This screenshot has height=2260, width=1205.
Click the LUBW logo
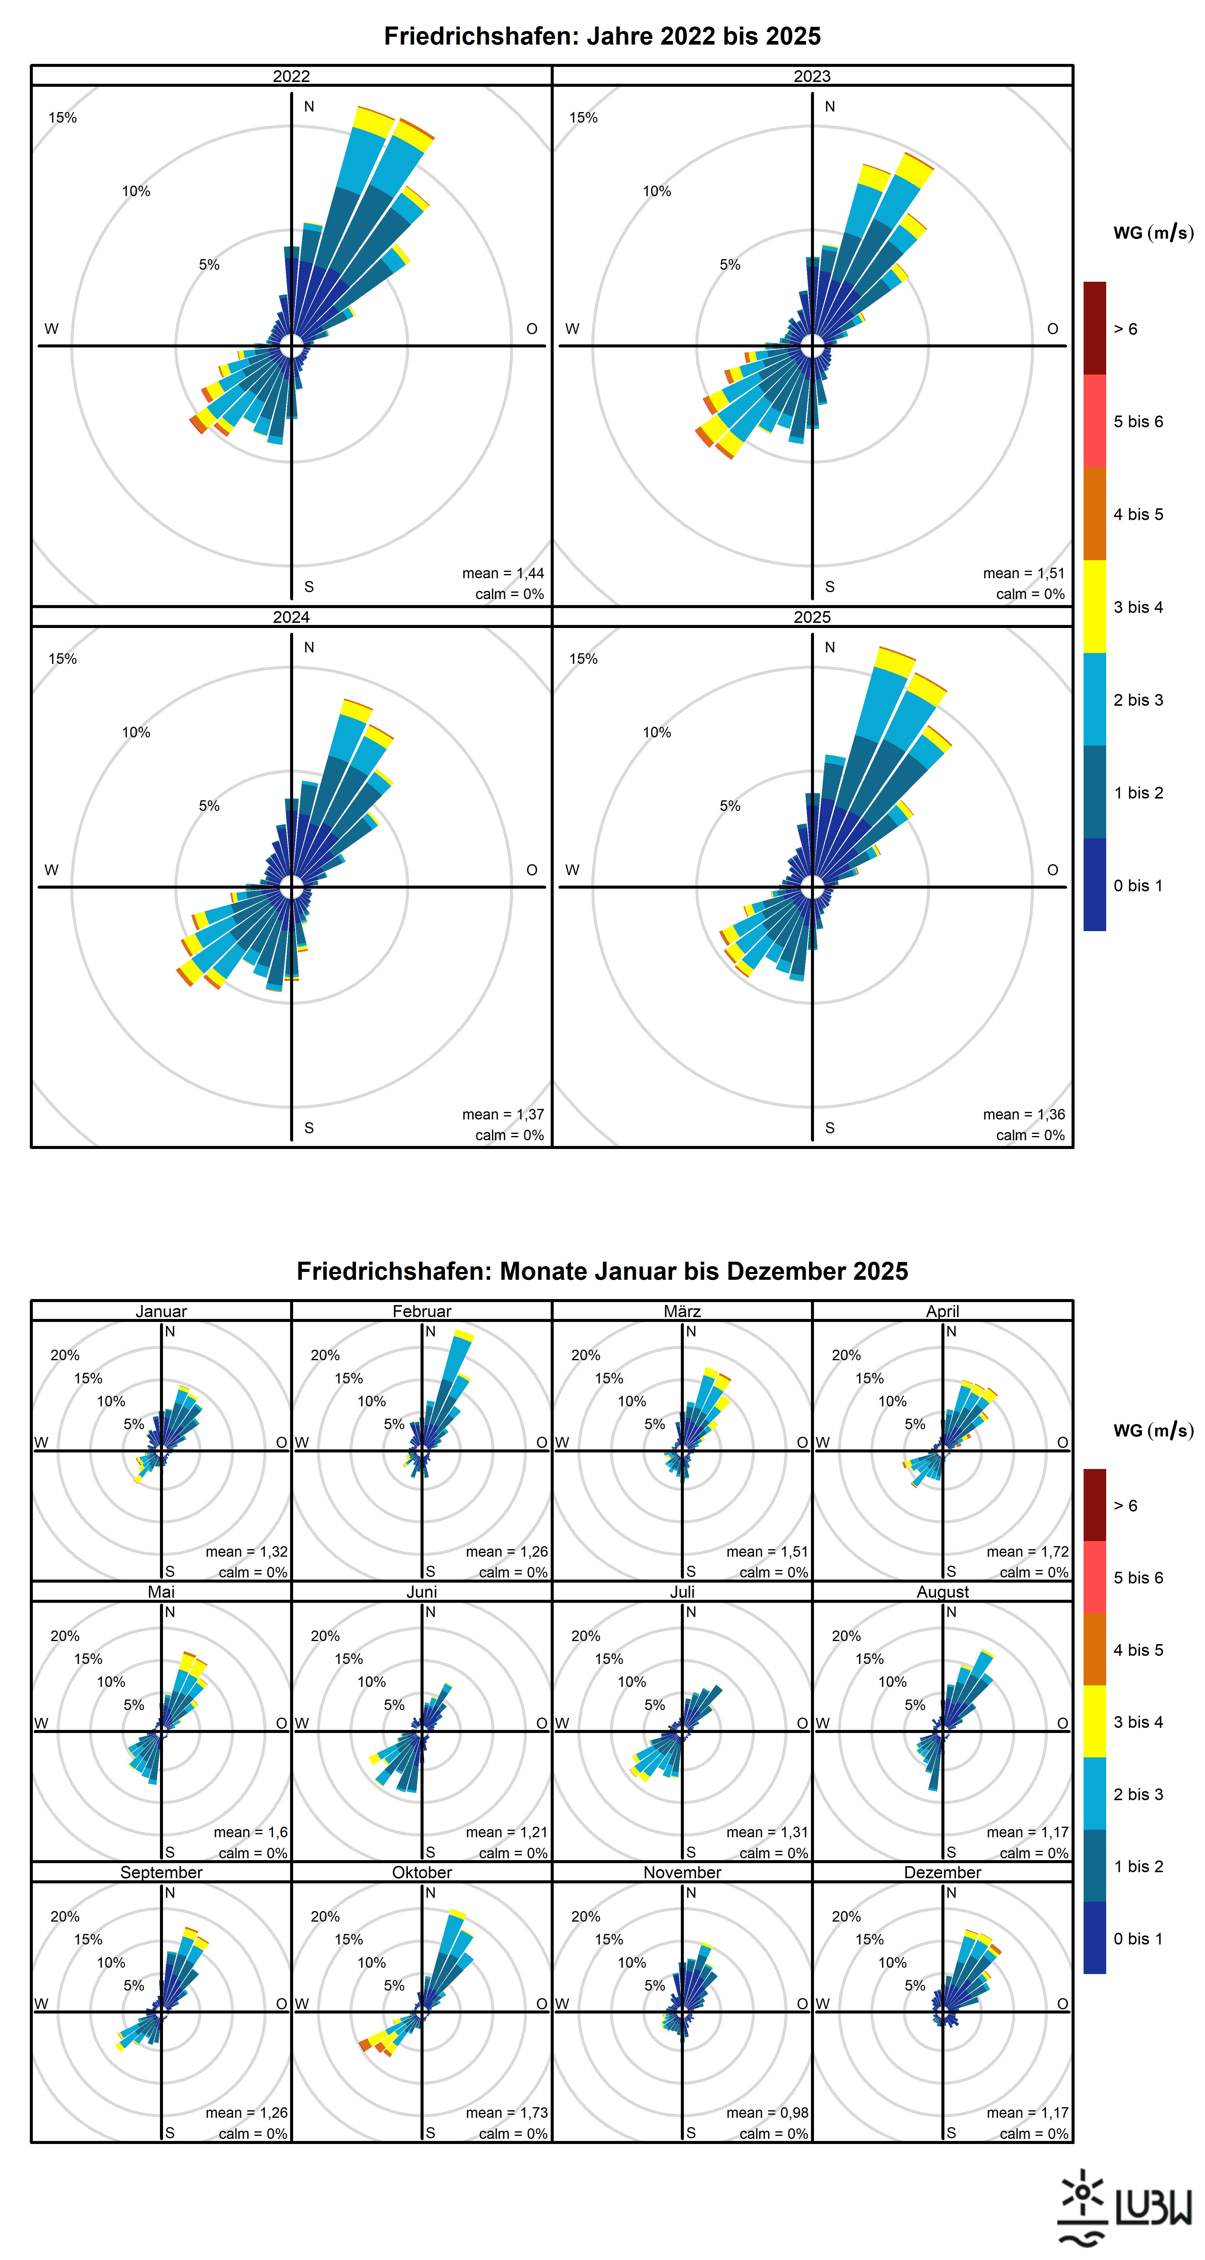point(1124,2206)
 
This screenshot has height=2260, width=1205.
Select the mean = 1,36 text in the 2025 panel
point(1023,1114)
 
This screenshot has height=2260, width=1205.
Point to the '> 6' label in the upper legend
point(1125,329)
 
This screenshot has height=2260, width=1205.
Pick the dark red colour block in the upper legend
point(1094,328)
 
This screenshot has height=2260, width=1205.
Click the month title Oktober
point(422,1871)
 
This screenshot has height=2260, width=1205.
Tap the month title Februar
point(422,1311)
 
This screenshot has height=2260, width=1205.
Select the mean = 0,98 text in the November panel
point(766,2113)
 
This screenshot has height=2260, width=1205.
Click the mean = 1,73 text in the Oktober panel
point(506,2113)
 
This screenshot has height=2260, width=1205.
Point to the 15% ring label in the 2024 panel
point(62,659)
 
